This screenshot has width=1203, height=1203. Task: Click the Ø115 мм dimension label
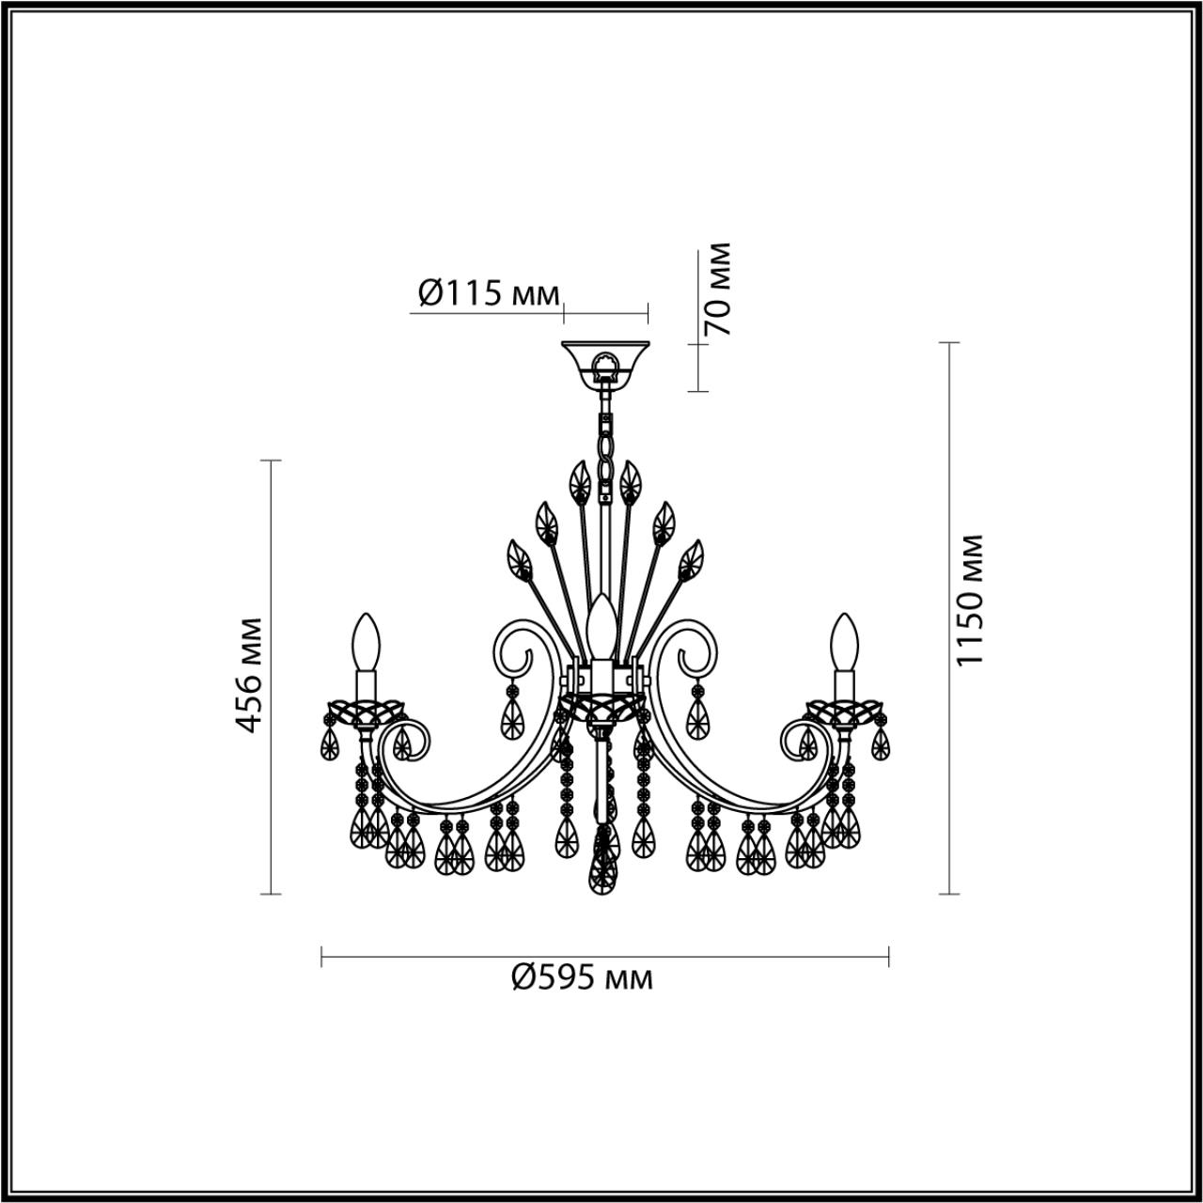click(487, 293)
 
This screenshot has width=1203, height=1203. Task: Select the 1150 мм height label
click(968, 600)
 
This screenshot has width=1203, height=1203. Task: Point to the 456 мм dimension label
click(249, 675)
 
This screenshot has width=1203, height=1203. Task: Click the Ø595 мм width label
click(582, 979)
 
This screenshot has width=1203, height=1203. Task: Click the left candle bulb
click(366, 641)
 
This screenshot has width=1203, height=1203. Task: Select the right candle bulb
click(843, 641)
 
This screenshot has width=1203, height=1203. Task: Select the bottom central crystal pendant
click(601, 869)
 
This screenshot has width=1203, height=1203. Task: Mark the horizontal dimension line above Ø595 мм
click(605, 958)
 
